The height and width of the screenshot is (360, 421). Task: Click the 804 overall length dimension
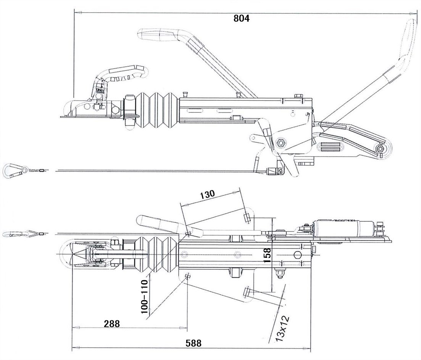coord(241,18)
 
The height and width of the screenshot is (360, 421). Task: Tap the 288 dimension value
coord(111,324)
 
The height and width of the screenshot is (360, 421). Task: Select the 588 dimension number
coord(194,343)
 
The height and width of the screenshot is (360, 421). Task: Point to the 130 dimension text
coord(207,193)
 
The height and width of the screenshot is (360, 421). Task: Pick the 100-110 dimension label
coord(144,296)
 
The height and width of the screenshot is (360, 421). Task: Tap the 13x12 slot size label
coord(283,328)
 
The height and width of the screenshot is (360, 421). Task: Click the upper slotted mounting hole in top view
coord(247,218)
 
